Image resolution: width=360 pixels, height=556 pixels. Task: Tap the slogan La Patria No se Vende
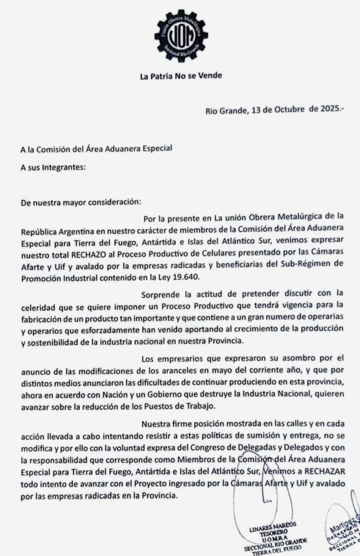click(x=180, y=76)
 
